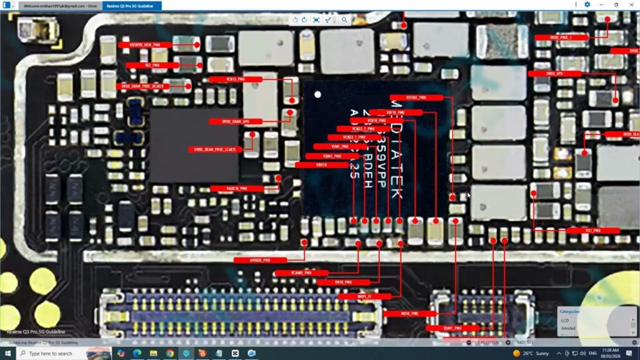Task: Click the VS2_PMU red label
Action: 152,65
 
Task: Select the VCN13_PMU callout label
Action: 227,79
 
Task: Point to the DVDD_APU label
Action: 554,74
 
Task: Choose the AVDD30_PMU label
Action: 260,260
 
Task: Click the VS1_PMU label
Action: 592,231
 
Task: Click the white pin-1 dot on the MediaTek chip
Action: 317,95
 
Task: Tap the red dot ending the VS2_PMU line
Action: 200,65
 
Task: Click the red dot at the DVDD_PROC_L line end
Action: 607,19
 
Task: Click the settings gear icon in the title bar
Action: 587,4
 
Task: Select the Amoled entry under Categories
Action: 569,328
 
